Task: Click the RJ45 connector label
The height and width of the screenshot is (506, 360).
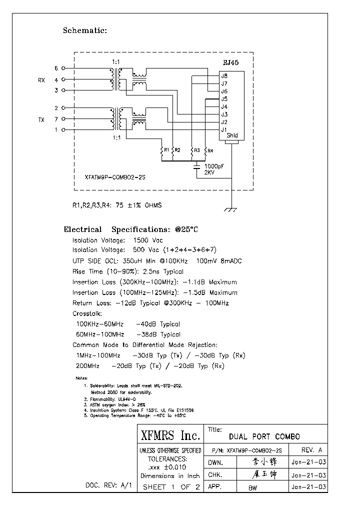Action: pos(230,63)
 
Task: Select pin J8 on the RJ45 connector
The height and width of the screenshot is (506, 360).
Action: pos(224,76)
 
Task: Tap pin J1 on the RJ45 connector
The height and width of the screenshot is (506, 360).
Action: pos(224,130)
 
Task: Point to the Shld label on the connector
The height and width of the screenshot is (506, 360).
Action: pos(232,135)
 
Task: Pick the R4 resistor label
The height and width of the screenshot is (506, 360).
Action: pos(210,150)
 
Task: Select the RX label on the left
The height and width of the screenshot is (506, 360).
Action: pos(41,79)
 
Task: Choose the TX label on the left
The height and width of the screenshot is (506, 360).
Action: pos(41,119)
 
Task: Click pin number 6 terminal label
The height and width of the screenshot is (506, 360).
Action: pos(56,68)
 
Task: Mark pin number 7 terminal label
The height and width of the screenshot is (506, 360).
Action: pos(56,119)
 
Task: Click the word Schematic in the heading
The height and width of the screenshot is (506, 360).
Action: pos(84,30)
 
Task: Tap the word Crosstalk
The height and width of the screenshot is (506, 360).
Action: pos(87,313)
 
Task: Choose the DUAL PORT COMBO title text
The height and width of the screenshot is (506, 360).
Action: pos(264,436)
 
